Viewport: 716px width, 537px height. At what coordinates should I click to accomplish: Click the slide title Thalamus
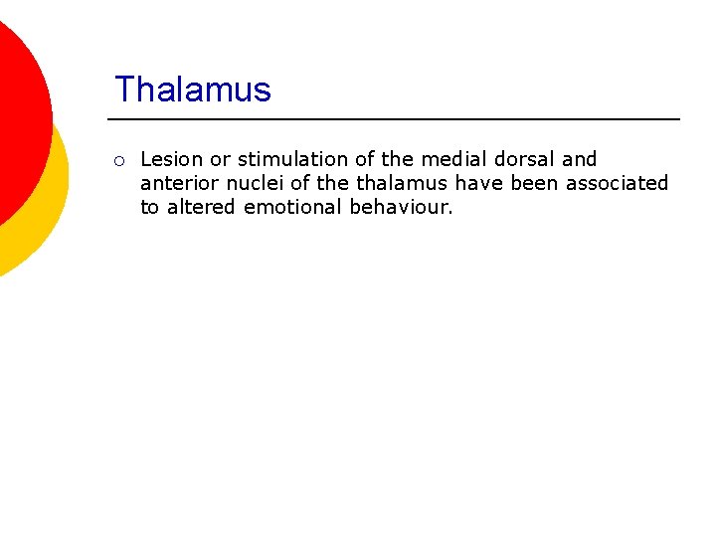click(x=192, y=89)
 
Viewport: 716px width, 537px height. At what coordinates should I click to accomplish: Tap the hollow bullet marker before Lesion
click(x=118, y=160)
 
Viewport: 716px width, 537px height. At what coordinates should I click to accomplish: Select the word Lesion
click(x=172, y=159)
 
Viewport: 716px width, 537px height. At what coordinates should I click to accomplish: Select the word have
click(x=480, y=183)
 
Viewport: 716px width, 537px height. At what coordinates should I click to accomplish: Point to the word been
click(x=535, y=183)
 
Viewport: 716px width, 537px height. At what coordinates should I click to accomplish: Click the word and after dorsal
click(x=580, y=159)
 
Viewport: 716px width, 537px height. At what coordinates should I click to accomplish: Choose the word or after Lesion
click(x=220, y=159)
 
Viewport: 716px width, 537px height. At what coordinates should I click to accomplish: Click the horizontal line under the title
click(x=398, y=119)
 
